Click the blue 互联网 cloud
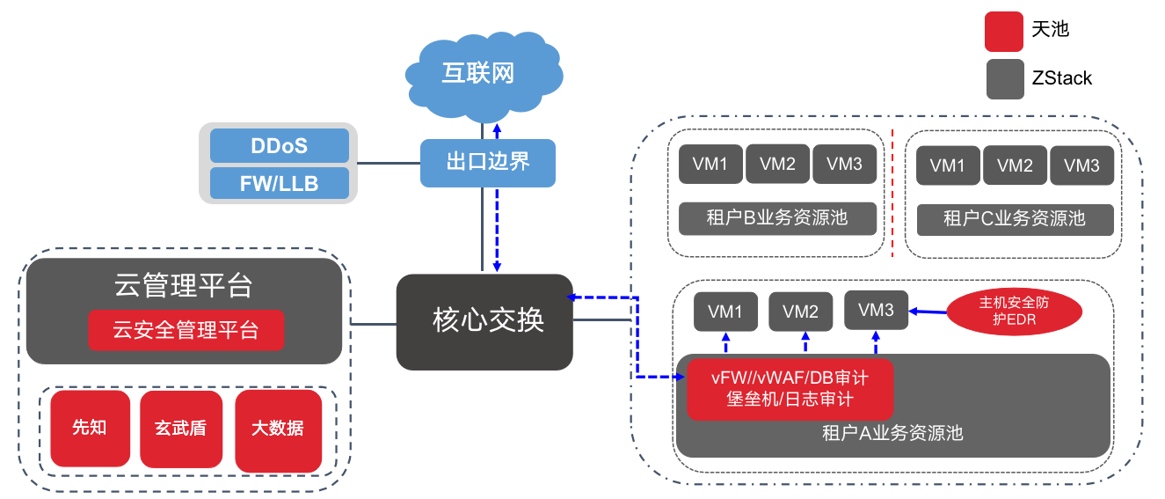pyautogui.click(x=478, y=72)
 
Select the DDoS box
pyautogui.click(x=279, y=145)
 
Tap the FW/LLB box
pyautogui.click(x=279, y=183)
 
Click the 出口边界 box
pyautogui.click(x=488, y=163)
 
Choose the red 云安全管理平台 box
pyautogui.click(x=186, y=330)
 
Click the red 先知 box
pyautogui.click(x=90, y=429)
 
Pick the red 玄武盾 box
pyautogui.click(x=181, y=429)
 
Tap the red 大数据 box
pyautogui.click(x=278, y=429)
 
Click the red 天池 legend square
pyautogui.click(x=1004, y=31)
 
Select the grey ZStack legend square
pyautogui.click(x=1004, y=78)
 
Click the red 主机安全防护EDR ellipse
pyautogui.click(x=1014, y=311)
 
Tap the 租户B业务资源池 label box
pyautogui.click(x=777, y=218)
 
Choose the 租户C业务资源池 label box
pyautogui.click(x=1015, y=219)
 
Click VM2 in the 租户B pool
pyautogui.click(x=777, y=164)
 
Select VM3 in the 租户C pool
pyautogui.click(x=1081, y=165)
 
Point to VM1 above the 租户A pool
pyautogui.click(x=726, y=312)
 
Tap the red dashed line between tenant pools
pyautogui.click(x=892, y=194)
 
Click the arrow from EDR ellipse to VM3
pyautogui.click(x=928, y=311)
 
